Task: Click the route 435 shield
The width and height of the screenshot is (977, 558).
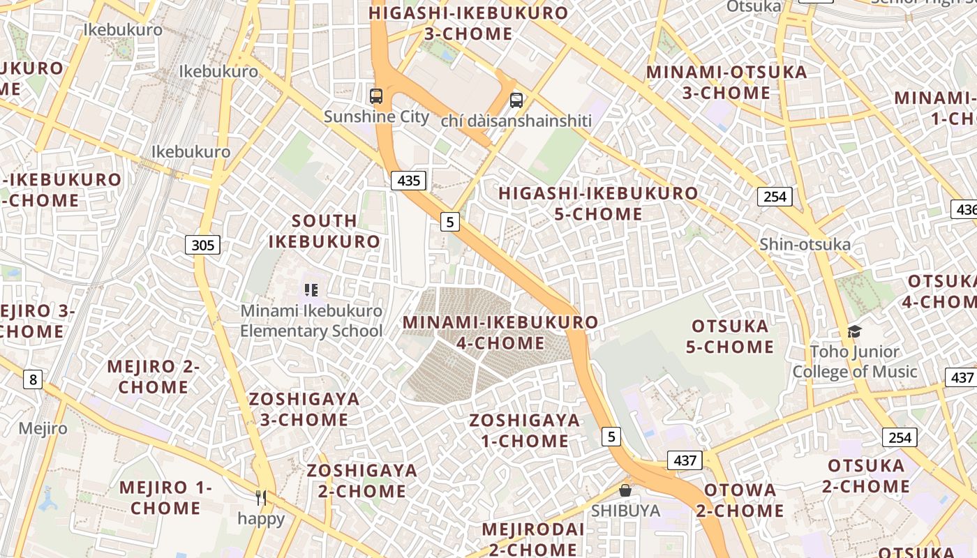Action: pos(408,181)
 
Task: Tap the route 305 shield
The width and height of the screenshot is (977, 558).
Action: pos(202,245)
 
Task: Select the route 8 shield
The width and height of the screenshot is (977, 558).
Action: pos(32,379)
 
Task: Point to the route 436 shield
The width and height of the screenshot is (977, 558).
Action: pos(966,209)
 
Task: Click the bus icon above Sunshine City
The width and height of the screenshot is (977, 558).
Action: pos(376,96)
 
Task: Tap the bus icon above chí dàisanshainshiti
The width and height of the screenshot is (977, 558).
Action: pos(516,100)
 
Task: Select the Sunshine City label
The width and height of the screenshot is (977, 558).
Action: pos(376,116)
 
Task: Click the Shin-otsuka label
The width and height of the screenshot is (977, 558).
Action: pos(805,244)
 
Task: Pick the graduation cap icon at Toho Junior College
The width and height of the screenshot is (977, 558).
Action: pos(854,331)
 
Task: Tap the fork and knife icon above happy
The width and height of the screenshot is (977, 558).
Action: pos(261,497)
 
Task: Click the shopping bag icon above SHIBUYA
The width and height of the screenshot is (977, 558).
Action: pos(625,490)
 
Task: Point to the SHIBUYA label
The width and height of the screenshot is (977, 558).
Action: pos(625,511)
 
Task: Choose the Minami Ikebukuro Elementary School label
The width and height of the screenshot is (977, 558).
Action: pos(311,321)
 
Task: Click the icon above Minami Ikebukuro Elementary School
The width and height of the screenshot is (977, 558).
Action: pos(311,289)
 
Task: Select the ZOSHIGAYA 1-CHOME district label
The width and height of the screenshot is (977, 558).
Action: pos(525,430)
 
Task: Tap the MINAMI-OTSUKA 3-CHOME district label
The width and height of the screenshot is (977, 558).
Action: pos(726,82)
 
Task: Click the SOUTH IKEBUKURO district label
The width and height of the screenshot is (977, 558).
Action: pos(325,232)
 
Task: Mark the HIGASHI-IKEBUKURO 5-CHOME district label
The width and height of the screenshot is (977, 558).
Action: pos(598,204)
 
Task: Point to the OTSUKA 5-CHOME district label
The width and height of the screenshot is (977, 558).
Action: pos(730,336)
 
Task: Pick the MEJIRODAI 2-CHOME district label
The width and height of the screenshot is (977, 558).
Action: pos(533,539)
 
